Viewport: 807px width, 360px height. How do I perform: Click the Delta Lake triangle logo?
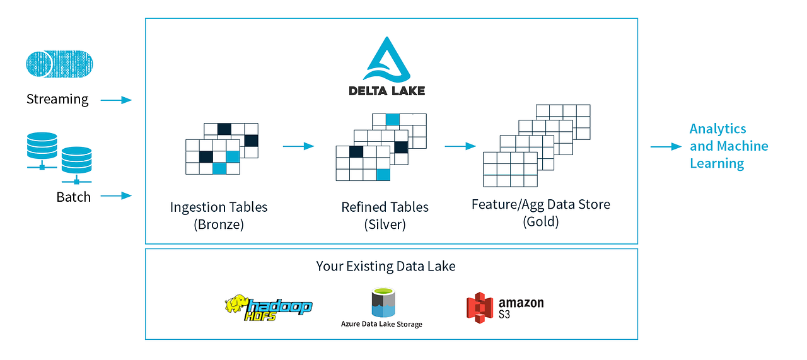pyautogui.click(x=386, y=60)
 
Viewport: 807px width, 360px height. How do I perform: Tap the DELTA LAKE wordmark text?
pyautogui.click(x=386, y=90)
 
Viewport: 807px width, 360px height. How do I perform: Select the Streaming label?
pyautogui.click(x=57, y=100)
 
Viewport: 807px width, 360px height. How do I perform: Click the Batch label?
pyautogui.click(x=74, y=197)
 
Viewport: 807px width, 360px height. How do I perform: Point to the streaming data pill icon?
pyautogui.click(x=59, y=65)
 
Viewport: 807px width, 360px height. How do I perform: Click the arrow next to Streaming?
pyautogui.click(x=116, y=100)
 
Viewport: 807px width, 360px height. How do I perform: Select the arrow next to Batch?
pyautogui.click(x=116, y=196)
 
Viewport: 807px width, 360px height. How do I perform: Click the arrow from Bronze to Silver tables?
pyautogui.click(x=298, y=146)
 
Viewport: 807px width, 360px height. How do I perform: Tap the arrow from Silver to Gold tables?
pyautogui.click(x=460, y=146)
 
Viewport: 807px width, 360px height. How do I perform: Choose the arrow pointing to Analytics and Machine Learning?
pyautogui.click(x=666, y=146)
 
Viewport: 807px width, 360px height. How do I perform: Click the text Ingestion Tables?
pyautogui.click(x=219, y=207)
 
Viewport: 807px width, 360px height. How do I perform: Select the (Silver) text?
pyautogui.click(x=385, y=224)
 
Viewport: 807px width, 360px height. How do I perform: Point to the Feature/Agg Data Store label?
pyautogui.click(x=541, y=205)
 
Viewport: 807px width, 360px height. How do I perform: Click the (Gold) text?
pyautogui.click(x=541, y=222)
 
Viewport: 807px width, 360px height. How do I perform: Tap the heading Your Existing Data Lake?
pyautogui.click(x=386, y=266)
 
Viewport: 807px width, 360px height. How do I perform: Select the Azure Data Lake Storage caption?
pyautogui.click(x=381, y=324)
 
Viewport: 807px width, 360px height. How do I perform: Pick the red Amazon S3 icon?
pyautogui.click(x=479, y=308)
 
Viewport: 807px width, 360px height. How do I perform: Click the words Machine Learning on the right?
pyautogui.click(x=729, y=154)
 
